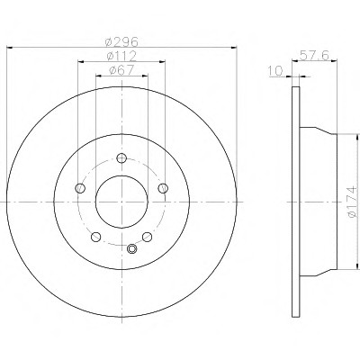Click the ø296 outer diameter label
click(121, 41)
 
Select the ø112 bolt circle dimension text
click(121, 56)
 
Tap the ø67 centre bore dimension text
click(121, 70)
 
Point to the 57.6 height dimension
click(315, 55)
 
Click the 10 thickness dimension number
click(275, 71)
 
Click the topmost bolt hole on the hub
click(121, 157)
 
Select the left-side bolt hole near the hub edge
click(80, 188)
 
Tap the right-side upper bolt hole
click(163, 188)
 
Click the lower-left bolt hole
click(95, 237)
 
